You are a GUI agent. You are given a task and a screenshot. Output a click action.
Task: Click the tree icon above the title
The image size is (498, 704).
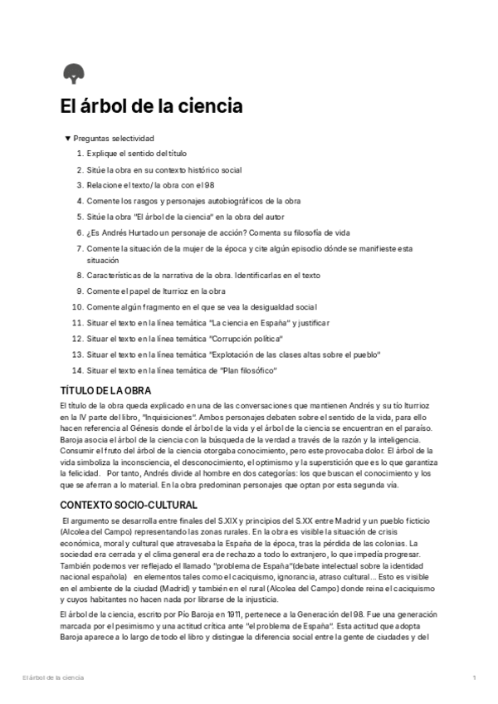(x=73, y=74)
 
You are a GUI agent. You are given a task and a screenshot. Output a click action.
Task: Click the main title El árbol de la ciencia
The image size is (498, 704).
(x=151, y=108)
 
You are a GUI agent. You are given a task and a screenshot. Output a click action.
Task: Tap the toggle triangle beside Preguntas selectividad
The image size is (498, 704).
(x=67, y=139)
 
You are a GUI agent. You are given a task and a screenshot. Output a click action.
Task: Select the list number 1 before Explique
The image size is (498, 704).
(x=80, y=154)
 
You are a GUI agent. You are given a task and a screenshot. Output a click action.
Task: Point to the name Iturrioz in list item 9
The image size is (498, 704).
(x=184, y=291)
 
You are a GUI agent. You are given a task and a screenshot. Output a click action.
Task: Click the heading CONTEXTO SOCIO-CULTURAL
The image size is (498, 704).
(x=129, y=505)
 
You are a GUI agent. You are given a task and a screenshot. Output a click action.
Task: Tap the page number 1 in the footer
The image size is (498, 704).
(x=474, y=678)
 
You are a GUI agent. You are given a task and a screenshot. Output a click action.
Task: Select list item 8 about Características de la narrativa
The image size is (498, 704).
(x=203, y=275)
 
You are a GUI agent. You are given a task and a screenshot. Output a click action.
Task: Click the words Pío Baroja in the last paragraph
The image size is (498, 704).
(x=179, y=613)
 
